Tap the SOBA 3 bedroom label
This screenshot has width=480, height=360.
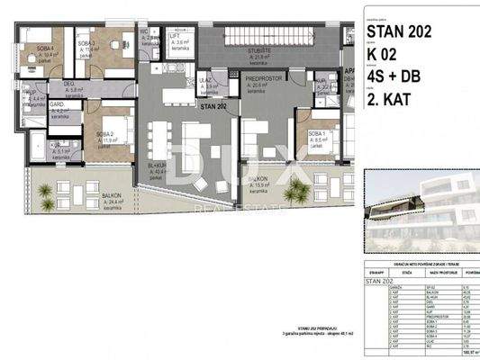pos(86,43)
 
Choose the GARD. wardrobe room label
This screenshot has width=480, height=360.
pos(57,105)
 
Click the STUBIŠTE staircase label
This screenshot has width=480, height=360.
pos(262,51)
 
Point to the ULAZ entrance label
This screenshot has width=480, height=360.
pos(205,80)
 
